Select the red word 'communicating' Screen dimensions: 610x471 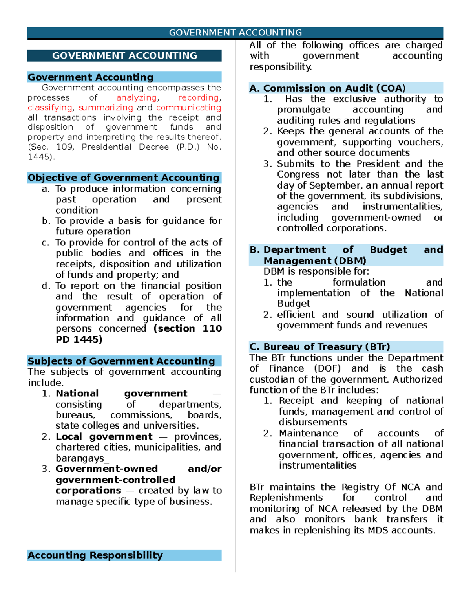[x=188, y=108]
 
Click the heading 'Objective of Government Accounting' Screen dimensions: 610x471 [x=124, y=178]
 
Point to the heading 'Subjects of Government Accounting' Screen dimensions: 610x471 [x=121, y=361]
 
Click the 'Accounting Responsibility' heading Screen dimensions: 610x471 [x=95, y=555]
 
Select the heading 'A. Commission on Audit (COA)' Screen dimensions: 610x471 [x=327, y=88]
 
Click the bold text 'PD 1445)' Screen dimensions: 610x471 [x=79, y=339]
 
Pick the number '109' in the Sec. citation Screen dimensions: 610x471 [x=64, y=147]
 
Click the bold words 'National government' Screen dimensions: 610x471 [x=121, y=393]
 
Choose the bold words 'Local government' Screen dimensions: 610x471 [x=104, y=436]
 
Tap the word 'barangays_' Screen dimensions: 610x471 [x=82, y=458]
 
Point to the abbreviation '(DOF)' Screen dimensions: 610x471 [x=327, y=368]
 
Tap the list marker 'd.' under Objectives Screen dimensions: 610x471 [x=46, y=286]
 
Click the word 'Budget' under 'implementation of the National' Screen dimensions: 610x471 [x=294, y=304]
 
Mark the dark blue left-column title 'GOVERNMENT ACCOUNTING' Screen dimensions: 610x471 [x=124, y=56]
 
